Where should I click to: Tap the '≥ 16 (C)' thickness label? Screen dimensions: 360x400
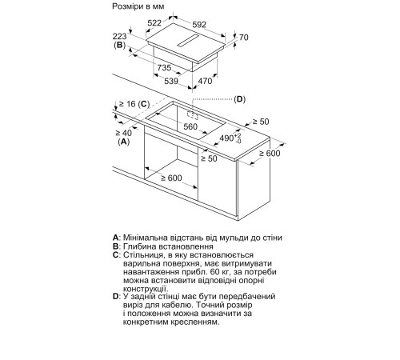point(134,104)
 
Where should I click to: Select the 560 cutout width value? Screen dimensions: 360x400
point(190,126)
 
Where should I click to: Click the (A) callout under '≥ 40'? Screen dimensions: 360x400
point(123,142)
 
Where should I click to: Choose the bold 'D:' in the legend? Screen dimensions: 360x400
point(117,297)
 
